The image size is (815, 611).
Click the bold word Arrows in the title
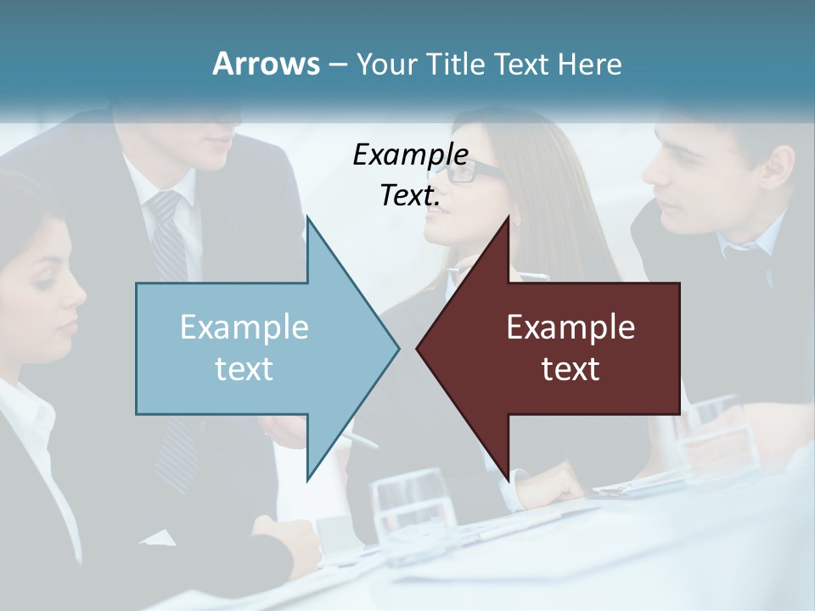[266, 64]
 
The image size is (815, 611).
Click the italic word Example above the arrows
[410, 154]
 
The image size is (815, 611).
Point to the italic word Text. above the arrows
[410, 195]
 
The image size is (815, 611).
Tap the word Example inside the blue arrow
[244, 328]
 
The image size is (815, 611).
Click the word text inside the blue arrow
[244, 369]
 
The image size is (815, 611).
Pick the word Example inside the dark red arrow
[570, 328]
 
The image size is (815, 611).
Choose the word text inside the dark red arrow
[570, 369]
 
